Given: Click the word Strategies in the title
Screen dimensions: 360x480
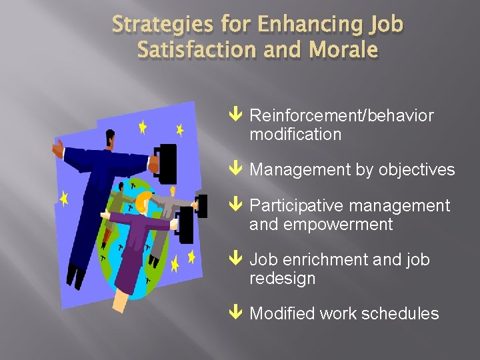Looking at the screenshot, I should (x=149, y=25).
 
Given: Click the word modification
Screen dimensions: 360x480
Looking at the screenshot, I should (x=295, y=134).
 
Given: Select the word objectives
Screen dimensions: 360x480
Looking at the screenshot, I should (x=417, y=170).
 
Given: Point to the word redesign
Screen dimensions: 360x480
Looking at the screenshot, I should (x=282, y=278).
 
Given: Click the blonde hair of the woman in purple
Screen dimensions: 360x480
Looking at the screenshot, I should (x=144, y=199).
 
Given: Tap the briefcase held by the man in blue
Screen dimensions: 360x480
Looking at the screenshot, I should (x=167, y=164).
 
